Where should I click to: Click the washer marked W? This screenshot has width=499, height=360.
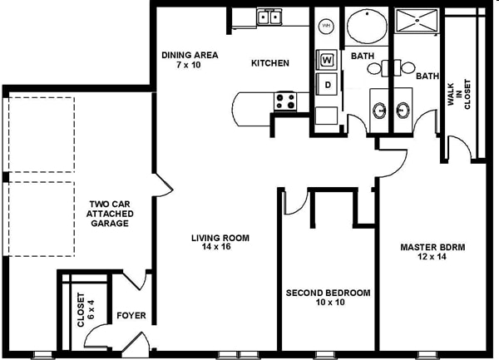(327, 60)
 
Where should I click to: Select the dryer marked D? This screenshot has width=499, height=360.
(327, 85)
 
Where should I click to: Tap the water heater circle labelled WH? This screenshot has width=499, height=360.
(326, 26)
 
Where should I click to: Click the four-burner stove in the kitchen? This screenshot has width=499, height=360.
(285, 101)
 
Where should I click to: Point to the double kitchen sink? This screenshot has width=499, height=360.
(269, 17)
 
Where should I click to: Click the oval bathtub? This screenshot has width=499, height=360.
(367, 26)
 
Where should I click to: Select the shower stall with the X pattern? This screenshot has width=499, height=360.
(417, 20)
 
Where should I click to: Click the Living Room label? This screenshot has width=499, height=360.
(220, 238)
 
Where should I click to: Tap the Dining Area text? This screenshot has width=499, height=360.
(190, 55)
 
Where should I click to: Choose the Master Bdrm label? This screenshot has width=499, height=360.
(432, 247)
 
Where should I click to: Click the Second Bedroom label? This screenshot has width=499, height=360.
(329, 293)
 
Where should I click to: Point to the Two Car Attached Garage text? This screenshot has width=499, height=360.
(110, 214)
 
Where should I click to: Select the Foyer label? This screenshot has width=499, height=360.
(131, 315)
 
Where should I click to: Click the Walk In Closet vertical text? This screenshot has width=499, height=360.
(459, 94)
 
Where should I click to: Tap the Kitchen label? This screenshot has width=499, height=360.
(270, 63)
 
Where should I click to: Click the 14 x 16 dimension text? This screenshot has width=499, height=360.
(216, 247)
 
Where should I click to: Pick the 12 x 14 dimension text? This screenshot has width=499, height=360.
(432, 256)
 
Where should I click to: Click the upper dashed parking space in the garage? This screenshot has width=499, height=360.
(42, 135)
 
